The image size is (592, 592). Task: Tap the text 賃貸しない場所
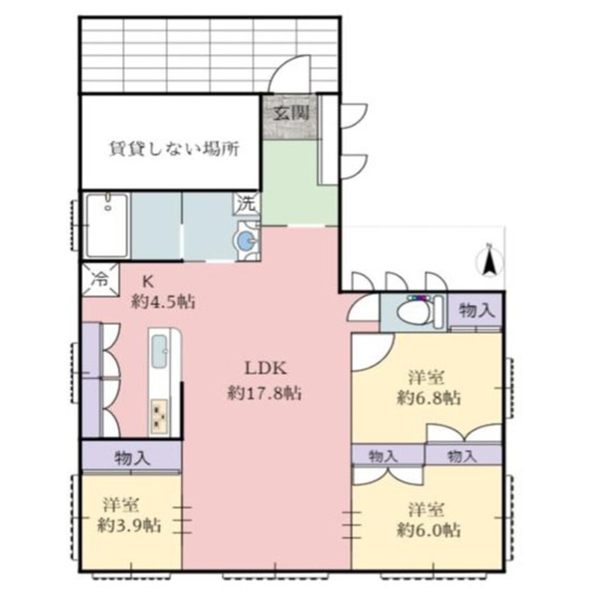pyautogui.click(x=174, y=149)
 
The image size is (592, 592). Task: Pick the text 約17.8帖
pyautogui.click(x=265, y=392)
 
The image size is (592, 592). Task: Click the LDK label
pyautogui.click(x=266, y=368)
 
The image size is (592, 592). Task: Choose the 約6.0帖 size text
pyautogui.click(x=428, y=529)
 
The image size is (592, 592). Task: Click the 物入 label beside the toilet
pyautogui.click(x=475, y=311)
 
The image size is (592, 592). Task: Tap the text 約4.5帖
pyautogui.click(x=163, y=303)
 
